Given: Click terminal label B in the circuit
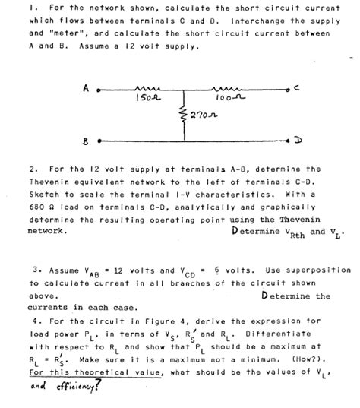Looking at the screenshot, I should (89, 140).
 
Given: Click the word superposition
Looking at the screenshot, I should (314, 270).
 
